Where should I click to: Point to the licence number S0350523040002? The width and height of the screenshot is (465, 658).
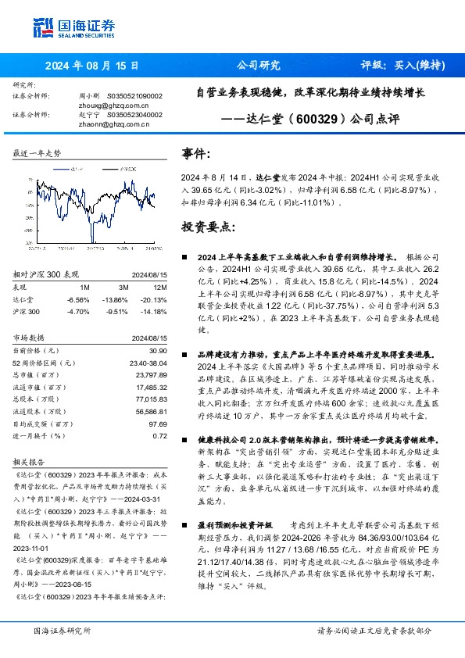point(133,114)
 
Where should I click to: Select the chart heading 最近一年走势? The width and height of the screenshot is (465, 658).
point(37,153)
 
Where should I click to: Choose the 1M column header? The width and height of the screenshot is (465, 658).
point(84,288)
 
